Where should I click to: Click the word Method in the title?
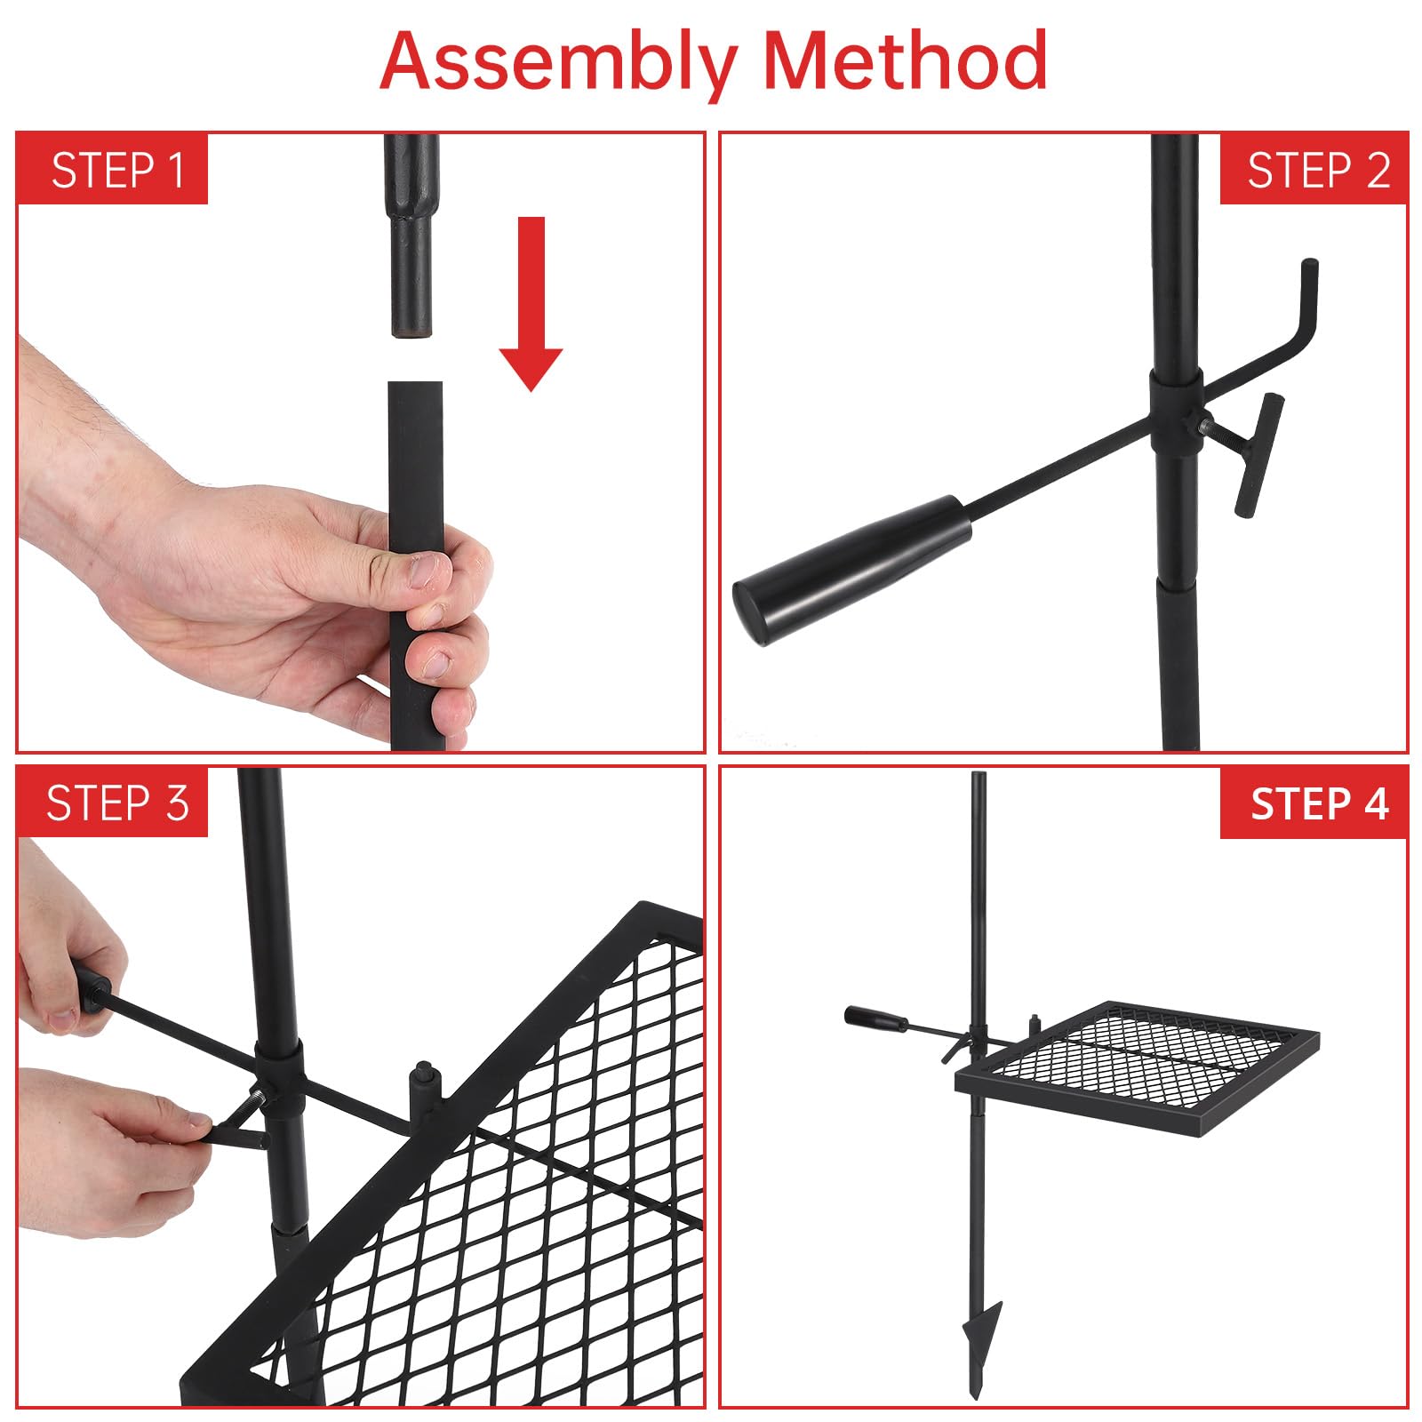click(906, 60)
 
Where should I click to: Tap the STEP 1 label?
click(117, 170)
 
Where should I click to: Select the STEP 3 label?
click(117, 803)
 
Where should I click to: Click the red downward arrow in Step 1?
click(531, 302)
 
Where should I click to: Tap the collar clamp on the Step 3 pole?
click(279, 1079)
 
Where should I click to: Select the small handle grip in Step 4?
click(875, 1019)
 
